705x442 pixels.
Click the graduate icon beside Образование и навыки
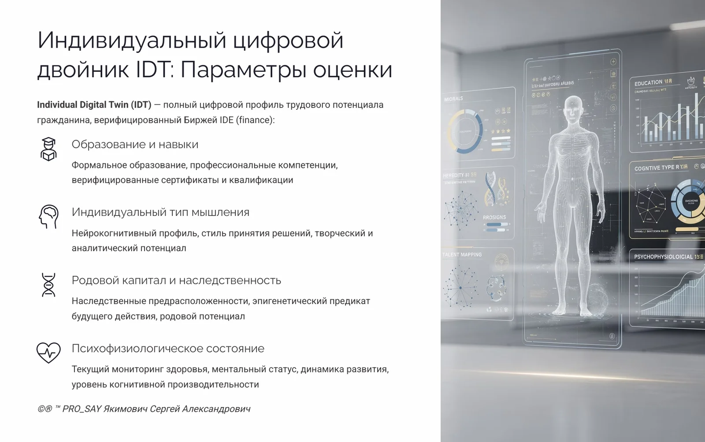pyautogui.click(x=48, y=149)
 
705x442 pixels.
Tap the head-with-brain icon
pyautogui.click(x=48, y=216)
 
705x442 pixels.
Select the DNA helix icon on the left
pyautogui.click(x=48, y=285)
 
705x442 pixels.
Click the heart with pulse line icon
pyautogui.click(x=48, y=353)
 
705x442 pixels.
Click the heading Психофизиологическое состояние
pyautogui.click(x=168, y=349)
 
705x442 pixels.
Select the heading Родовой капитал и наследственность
pyautogui.click(x=176, y=280)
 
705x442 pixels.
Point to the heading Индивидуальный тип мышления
pyautogui.click(x=160, y=212)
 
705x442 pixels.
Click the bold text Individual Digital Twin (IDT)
pyautogui.click(x=94, y=105)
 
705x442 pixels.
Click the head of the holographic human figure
pyautogui.click(x=573, y=108)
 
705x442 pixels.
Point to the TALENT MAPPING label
pyautogui.click(x=462, y=255)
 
